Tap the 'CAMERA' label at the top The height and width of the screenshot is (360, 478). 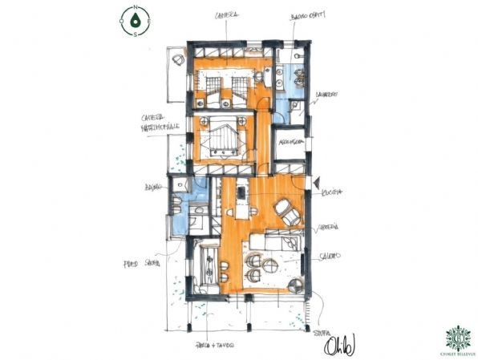[x=227, y=14]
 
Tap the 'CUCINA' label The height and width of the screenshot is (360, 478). [x=332, y=193]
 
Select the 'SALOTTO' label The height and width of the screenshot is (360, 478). [x=330, y=256]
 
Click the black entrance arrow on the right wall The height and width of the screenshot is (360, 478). [x=317, y=183]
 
